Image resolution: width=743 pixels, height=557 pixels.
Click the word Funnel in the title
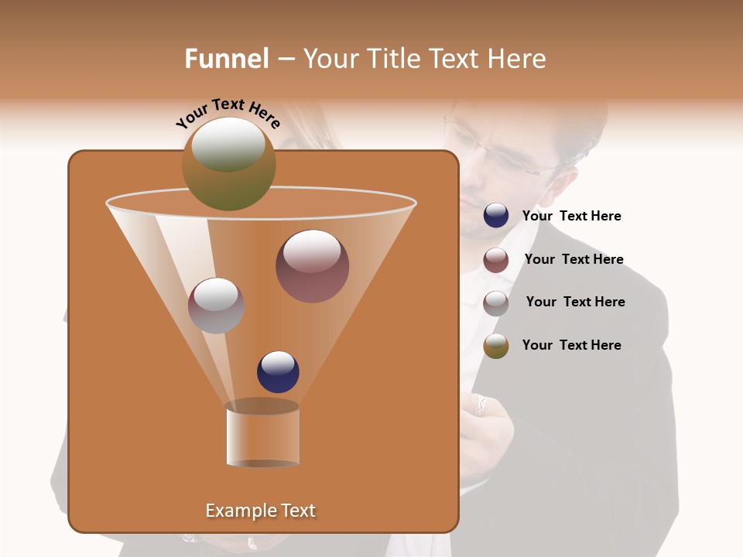[226, 58]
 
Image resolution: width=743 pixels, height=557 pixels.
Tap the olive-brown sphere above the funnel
[228, 163]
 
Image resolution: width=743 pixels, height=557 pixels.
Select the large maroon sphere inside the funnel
[312, 266]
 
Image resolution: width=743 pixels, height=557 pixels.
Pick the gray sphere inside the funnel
[216, 305]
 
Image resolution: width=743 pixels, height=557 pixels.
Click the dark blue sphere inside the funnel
[278, 371]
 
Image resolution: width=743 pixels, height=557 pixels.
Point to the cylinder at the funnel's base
[262, 435]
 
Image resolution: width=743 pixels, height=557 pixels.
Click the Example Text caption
[260, 511]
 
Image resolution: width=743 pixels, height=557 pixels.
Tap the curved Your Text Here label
[228, 112]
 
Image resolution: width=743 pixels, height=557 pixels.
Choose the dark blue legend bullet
[496, 216]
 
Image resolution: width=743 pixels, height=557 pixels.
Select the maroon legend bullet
[496, 260]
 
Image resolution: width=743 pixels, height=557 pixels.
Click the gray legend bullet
[496, 303]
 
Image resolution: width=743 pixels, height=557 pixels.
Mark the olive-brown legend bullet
[496, 346]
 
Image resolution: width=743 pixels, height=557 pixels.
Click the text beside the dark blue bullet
[571, 217]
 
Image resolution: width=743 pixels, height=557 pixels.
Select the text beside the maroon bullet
[574, 260]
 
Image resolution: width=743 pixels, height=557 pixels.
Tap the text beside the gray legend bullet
[575, 302]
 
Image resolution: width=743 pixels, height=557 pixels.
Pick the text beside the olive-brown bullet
[571, 345]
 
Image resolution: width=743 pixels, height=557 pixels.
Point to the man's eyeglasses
[507, 152]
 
